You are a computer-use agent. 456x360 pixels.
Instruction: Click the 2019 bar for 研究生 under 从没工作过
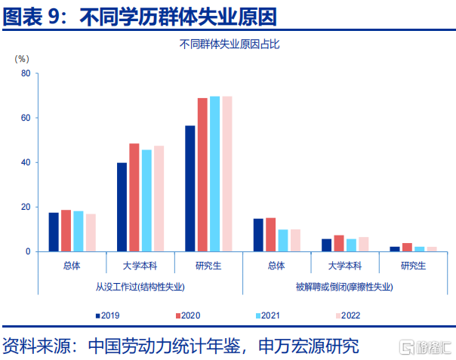tap(190, 189)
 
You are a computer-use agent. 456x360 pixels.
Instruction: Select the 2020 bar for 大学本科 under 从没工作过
tap(134, 198)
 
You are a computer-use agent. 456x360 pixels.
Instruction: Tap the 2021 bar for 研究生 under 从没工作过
tap(215, 174)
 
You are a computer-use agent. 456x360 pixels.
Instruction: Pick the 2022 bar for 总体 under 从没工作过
tap(91, 232)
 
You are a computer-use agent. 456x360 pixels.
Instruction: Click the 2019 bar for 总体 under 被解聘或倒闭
tap(258, 235)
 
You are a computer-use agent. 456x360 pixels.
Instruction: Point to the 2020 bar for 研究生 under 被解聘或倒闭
tap(407, 248)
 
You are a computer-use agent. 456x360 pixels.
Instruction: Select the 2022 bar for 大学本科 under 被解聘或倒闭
tap(364, 245)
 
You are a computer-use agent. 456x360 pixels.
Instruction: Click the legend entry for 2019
tap(108, 315)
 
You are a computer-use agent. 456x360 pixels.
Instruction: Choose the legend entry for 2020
tap(188, 315)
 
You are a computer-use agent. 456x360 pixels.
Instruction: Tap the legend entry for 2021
tap(268, 315)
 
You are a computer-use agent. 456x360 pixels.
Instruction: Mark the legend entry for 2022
tap(348, 315)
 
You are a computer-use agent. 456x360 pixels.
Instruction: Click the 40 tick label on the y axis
tap(26, 162)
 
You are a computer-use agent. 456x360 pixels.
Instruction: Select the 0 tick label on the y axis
tap(28, 251)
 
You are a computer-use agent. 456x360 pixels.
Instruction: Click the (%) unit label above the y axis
tap(22, 59)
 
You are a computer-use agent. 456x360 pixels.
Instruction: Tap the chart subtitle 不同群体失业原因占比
tap(230, 45)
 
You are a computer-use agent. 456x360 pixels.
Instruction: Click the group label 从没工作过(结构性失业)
tap(140, 287)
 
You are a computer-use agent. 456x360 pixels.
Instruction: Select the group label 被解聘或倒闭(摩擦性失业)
tap(344, 287)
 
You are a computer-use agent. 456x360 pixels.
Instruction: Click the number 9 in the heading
tap(54, 17)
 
